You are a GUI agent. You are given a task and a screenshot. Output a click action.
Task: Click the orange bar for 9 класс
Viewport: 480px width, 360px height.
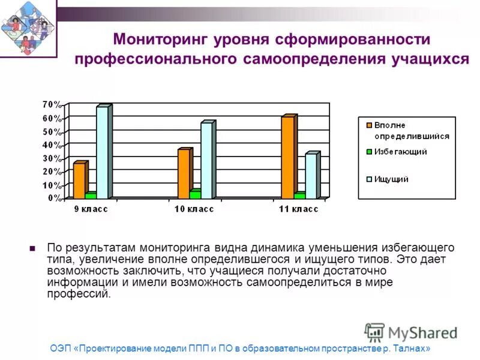point(79,180)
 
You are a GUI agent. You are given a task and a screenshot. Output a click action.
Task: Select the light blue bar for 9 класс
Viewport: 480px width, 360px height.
point(103,152)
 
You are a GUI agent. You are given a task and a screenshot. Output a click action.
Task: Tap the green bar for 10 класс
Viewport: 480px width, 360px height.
point(194,194)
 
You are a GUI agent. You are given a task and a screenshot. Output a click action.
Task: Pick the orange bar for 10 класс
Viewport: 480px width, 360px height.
point(184,173)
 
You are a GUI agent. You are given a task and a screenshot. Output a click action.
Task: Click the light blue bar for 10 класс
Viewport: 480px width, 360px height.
point(207,160)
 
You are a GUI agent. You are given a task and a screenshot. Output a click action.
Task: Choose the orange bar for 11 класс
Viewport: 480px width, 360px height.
point(288,157)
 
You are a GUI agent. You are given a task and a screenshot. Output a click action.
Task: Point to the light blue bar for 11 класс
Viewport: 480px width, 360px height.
point(311,176)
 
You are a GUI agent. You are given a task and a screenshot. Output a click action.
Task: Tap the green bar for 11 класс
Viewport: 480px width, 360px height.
point(299,195)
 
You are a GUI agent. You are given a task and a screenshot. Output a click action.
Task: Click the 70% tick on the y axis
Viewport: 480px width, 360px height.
point(51,104)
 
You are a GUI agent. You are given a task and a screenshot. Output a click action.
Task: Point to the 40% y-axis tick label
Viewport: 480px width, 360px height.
point(51,145)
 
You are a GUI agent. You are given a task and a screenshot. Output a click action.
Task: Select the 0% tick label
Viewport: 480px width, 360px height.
point(53,198)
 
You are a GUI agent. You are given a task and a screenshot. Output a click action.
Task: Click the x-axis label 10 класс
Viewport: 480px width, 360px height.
point(194,209)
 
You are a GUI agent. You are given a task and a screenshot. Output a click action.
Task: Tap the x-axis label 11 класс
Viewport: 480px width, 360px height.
point(299,209)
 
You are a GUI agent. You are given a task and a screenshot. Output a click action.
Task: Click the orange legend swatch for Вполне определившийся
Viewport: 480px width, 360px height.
point(368,125)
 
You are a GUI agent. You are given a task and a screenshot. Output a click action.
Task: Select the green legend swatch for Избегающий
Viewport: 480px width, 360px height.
point(368,152)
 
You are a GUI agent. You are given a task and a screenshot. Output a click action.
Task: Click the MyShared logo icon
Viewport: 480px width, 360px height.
point(374,333)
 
